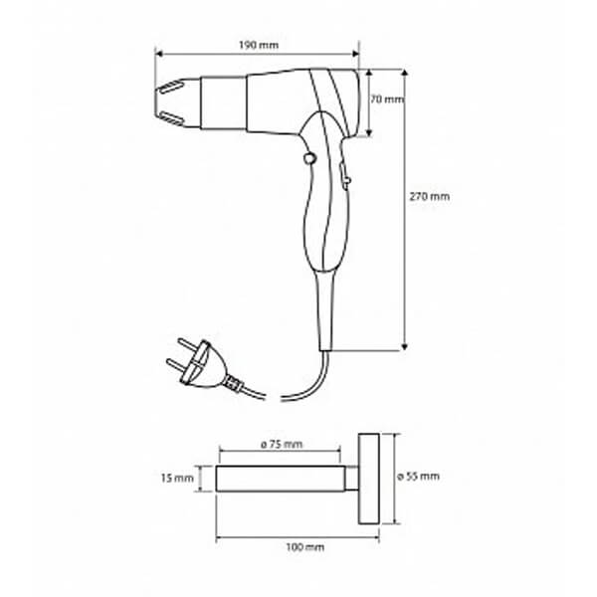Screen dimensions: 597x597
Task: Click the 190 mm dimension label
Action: click(259, 46)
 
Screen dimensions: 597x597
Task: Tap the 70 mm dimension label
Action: click(387, 99)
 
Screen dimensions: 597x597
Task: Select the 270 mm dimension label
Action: click(430, 196)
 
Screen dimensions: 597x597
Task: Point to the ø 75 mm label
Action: click(282, 444)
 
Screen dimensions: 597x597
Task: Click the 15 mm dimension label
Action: click(177, 478)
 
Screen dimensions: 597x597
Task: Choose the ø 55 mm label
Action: click(419, 477)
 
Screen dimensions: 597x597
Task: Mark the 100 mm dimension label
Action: click(305, 547)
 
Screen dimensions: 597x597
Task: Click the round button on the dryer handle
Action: click(309, 158)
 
